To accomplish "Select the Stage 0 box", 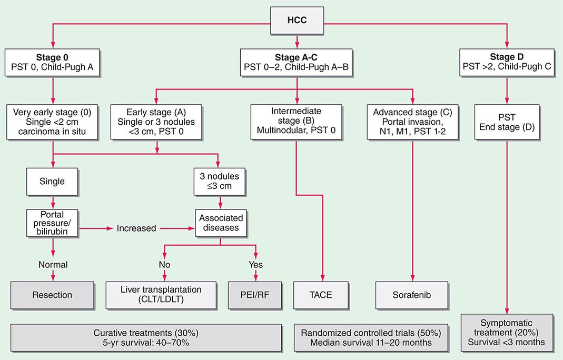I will click(x=52, y=62).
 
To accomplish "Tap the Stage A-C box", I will click(x=298, y=62).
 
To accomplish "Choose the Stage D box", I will click(x=507, y=62).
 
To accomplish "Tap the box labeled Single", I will click(x=52, y=182).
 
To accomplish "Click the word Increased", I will click(x=136, y=228).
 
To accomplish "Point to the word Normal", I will click(x=52, y=264).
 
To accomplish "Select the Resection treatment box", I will click(x=52, y=295).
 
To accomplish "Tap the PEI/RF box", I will click(x=256, y=295).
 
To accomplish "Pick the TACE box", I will click(x=321, y=295).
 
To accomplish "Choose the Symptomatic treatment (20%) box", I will click(x=506, y=333).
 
